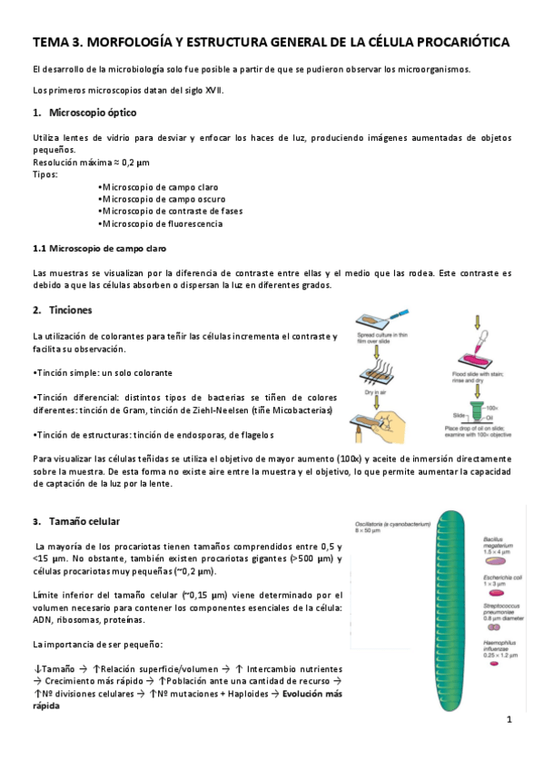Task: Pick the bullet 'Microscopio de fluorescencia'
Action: [x=162, y=223]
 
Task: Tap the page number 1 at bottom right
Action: [x=509, y=719]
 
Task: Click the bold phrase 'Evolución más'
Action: [x=312, y=693]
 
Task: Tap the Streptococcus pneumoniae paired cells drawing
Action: [x=494, y=627]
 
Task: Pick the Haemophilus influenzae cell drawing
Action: [x=495, y=665]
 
